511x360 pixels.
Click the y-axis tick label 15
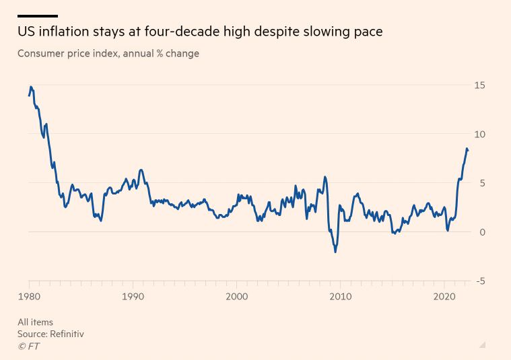(x=479, y=85)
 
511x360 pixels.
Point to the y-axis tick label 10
(x=479, y=135)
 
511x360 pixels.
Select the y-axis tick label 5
(x=481, y=183)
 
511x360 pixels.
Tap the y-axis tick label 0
(x=481, y=232)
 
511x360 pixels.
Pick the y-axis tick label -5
(x=480, y=281)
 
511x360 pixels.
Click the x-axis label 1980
(x=29, y=297)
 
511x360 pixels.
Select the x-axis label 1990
(x=133, y=297)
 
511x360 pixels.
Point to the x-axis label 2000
(x=236, y=297)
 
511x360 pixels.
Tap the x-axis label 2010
(x=340, y=297)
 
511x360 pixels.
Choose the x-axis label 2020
(x=444, y=297)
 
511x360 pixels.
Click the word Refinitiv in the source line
(x=66, y=334)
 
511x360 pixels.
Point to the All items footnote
(x=35, y=322)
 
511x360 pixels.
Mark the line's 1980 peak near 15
(x=31, y=87)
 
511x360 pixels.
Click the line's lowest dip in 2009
(x=335, y=252)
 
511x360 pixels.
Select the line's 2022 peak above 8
(x=467, y=149)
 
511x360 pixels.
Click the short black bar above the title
(x=38, y=15)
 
